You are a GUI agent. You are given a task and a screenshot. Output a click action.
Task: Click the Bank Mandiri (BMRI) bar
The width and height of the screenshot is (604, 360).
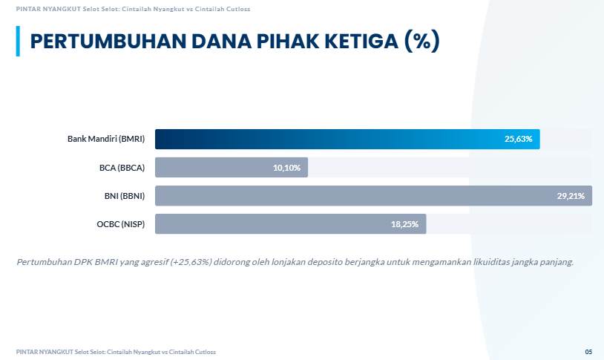coord(347,139)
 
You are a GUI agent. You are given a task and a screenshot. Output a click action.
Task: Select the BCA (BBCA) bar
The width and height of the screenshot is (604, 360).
coord(232,167)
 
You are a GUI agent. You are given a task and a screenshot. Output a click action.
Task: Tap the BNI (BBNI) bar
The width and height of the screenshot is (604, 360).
coord(374,196)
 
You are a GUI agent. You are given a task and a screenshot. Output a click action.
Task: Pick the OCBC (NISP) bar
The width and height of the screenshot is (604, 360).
coord(290,224)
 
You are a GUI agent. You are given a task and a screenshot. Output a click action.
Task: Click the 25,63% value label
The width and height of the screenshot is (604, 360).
coord(518,139)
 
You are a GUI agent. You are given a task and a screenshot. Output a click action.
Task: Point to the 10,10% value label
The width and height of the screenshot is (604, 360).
coord(286,168)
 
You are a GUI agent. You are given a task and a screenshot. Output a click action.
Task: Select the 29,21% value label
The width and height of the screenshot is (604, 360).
coord(571,196)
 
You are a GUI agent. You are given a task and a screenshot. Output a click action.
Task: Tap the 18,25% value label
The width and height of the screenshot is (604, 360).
coord(404,224)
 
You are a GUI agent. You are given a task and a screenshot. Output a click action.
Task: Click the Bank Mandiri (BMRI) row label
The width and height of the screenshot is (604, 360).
coord(106,139)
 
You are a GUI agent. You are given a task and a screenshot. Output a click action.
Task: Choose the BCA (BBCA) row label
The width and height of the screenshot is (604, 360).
coord(122,168)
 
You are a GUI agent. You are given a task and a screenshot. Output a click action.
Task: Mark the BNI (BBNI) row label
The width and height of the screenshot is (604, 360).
coord(125,196)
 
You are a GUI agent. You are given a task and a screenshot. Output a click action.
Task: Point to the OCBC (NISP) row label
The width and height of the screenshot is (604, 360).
coord(120,224)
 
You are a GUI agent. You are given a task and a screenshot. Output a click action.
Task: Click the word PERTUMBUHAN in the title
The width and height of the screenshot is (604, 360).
coord(108,42)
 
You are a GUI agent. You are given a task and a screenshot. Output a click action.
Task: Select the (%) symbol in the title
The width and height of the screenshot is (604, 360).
coord(421,41)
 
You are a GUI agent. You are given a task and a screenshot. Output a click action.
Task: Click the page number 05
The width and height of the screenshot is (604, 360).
coord(588,352)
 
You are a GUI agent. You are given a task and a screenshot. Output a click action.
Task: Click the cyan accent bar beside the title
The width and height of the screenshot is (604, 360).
coord(18,42)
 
